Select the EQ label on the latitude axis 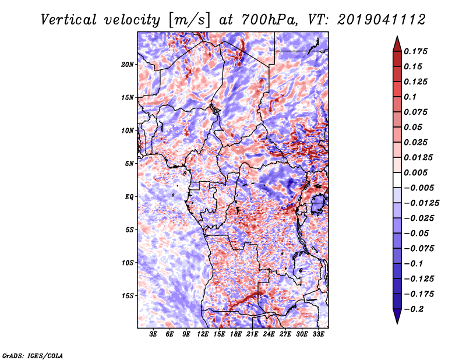[x=129, y=197]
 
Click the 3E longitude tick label [x=153, y=334]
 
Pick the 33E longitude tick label [x=318, y=334]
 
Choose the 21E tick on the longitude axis [x=252, y=334]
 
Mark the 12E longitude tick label [x=203, y=334]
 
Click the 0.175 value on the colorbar [x=416, y=51]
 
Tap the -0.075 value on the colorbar [x=418, y=248]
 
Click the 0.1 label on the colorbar [x=410, y=97]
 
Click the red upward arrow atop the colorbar [x=396, y=43]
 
